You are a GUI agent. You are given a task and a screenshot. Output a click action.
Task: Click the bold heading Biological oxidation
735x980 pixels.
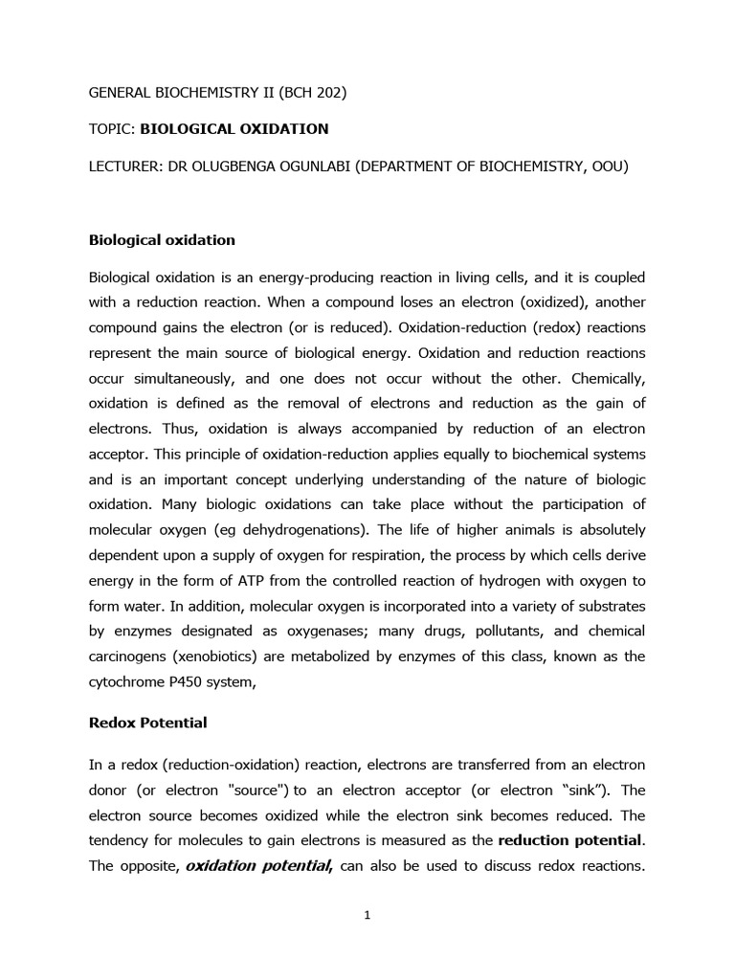tap(162, 239)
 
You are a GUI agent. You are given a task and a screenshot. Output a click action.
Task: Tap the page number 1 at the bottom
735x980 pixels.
tap(367, 915)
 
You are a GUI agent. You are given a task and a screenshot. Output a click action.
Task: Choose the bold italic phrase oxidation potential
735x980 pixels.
tap(257, 866)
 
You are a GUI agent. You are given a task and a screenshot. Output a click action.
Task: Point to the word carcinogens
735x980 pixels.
tap(131, 656)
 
